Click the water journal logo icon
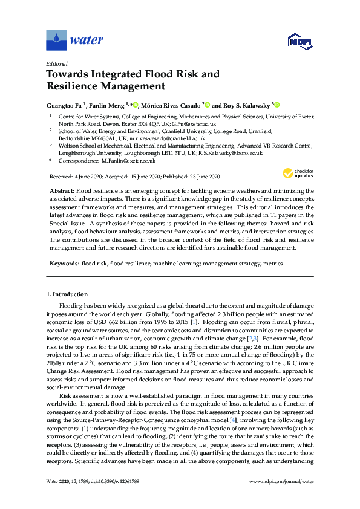click(x=56, y=41)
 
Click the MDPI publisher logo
click(x=299, y=41)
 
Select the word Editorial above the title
click(x=56, y=63)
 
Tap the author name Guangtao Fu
click(x=65, y=103)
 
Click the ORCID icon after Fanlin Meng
click(x=136, y=103)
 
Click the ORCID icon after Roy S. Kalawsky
click(x=277, y=103)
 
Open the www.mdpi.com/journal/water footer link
click(x=281, y=481)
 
